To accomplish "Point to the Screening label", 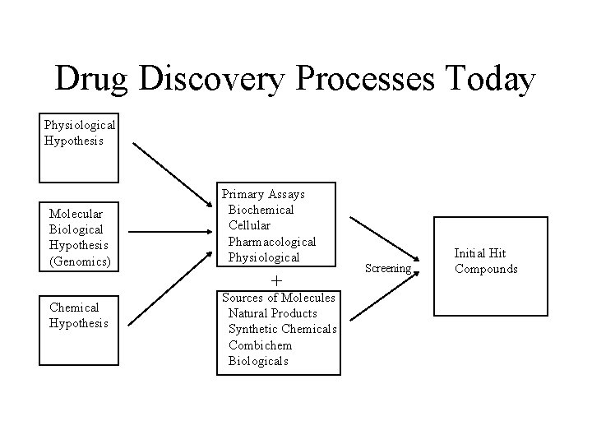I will tap(387, 268).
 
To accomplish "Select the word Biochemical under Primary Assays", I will tap(261, 210).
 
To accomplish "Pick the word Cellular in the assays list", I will tap(249, 224).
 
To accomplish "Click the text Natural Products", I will tap(272, 313).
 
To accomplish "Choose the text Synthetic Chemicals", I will tap(282, 329).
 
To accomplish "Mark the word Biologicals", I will tap(258, 361).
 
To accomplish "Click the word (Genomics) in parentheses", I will tap(80, 261).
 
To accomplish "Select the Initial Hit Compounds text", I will tap(486, 261).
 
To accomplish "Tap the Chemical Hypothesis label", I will tap(78, 315).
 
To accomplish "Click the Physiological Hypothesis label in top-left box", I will tap(79, 132).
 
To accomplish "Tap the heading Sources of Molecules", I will tap(278, 298).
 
